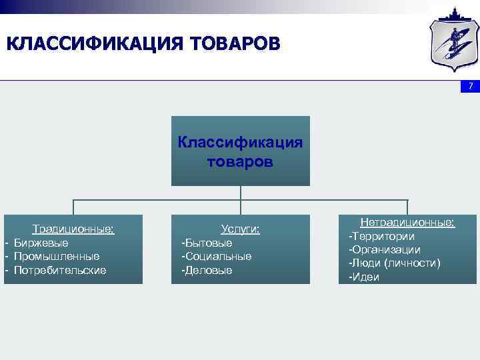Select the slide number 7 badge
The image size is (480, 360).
click(x=470, y=87)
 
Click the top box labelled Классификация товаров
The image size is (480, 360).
click(x=240, y=151)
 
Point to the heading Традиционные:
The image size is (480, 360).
click(x=73, y=229)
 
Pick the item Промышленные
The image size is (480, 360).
click(x=57, y=256)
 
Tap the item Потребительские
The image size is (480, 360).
click(x=60, y=270)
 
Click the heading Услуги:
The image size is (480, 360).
click(x=240, y=229)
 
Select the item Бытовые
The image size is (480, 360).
click(x=207, y=243)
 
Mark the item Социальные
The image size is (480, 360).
click(x=217, y=256)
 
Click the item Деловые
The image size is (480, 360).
click(x=207, y=270)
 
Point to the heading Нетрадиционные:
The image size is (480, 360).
click(x=407, y=223)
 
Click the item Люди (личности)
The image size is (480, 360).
click(x=395, y=263)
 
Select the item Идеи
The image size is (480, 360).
click(x=365, y=277)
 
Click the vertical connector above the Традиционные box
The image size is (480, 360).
click(x=73, y=207)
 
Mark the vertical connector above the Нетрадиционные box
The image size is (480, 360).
click(x=407, y=207)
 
